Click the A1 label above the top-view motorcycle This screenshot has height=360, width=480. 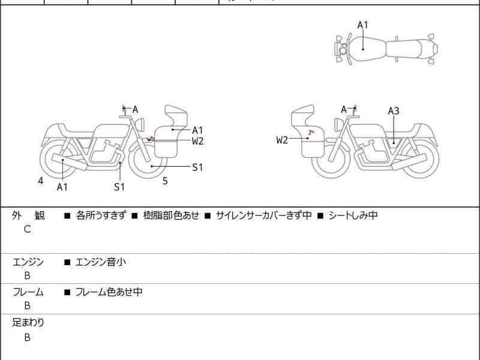[362, 25]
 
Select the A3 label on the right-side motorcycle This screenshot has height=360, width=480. [394, 110]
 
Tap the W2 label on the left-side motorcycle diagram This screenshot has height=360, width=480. [197, 141]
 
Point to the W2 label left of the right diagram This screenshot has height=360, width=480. [282, 140]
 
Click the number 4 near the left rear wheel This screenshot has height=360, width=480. [41, 180]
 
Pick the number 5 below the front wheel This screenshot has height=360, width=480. [165, 180]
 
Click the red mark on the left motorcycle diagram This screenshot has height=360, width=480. [151, 139]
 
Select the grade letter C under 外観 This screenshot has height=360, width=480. [27, 229]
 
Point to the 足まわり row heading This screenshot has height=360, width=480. [28, 323]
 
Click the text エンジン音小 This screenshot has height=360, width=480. [100, 262]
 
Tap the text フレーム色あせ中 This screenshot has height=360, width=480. [108, 292]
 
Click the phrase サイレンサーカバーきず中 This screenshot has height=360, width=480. [263, 215]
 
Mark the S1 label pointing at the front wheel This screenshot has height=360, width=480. [197, 167]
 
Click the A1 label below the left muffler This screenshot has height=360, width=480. [62, 187]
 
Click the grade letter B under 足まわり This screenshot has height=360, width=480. [27, 337]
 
